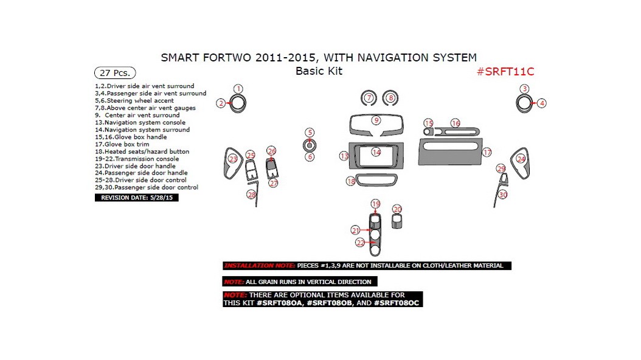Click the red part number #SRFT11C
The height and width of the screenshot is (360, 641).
click(x=505, y=71)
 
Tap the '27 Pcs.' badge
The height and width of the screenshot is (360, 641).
click(x=115, y=72)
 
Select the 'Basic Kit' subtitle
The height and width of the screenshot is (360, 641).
click(x=319, y=71)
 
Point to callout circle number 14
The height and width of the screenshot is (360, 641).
click(x=376, y=152)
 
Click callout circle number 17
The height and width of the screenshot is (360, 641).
click(x=487, y=153)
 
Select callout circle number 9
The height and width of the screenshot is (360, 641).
click(x=376, y=120)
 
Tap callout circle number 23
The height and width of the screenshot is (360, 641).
click(x=233, y=159)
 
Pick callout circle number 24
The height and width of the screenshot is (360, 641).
click(x=521, y=159)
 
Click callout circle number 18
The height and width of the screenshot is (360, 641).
click(x=351, y=181)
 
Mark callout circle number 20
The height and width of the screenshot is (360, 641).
click(x=397, y=209)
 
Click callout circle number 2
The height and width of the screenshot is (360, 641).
click(x=221, y=103)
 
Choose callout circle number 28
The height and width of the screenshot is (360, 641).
click(x=251, y=195)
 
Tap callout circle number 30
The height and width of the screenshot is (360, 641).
click(x=502, y=195)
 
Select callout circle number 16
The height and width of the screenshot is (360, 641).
click(x=456, y=123)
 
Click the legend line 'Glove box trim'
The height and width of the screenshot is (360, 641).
click(x=126, y=144)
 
